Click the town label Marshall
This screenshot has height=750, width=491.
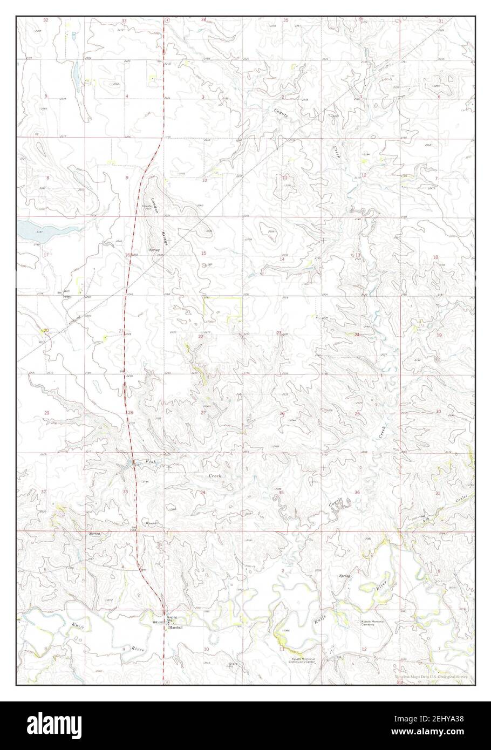coord(177,629)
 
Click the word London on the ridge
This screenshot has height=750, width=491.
coord(154,204)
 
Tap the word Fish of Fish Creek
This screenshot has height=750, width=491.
coord(151,462)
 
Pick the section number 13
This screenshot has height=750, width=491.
coord(357,255)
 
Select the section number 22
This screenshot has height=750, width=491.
coord(200,336)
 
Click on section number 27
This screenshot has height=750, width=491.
coord(203,413)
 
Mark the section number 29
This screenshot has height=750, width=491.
coord(46,413)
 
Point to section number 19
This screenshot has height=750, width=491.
coord(439,335)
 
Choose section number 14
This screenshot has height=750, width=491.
coord(282,260)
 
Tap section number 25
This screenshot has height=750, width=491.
coord(357,413)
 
